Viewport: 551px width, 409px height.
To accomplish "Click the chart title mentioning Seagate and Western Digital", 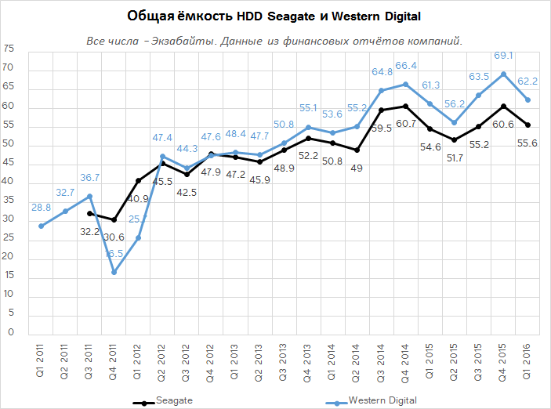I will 275,16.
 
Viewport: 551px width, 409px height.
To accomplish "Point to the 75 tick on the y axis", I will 9,49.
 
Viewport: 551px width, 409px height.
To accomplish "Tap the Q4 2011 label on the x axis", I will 114,360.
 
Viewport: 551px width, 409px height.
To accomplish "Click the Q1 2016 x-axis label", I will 527,360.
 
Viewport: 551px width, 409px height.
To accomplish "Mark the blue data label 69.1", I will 503,56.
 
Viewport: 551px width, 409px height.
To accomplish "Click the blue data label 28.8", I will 40,208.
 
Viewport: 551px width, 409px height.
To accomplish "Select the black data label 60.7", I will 405,123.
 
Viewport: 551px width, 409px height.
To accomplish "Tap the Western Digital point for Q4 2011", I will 114,272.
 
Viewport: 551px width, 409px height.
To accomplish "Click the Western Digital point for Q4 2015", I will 503,74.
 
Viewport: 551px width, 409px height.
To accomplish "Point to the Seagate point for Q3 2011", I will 90,213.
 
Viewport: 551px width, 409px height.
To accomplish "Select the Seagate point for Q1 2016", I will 527,125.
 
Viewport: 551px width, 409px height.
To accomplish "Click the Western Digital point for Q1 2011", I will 42,226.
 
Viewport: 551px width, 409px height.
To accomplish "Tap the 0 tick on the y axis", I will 12,332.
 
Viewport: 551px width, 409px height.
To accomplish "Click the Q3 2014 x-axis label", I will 382,360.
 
